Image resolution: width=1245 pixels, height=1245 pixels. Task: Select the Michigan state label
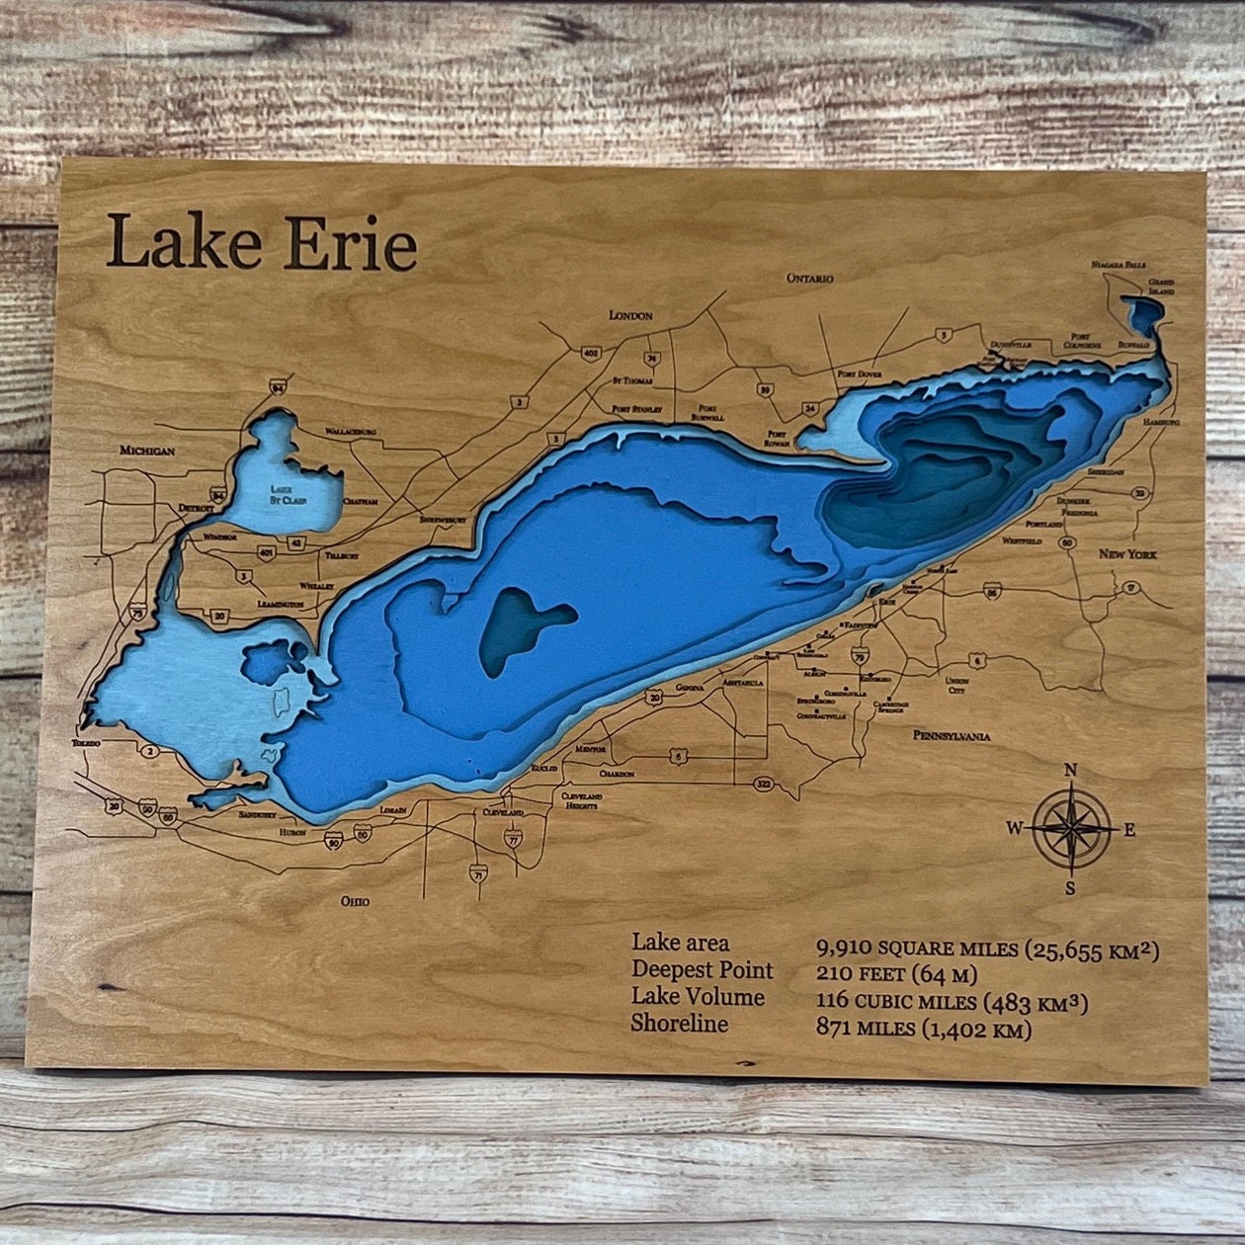147,451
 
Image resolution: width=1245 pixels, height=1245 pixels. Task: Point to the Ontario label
810,279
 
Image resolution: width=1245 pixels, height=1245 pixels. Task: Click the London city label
630,316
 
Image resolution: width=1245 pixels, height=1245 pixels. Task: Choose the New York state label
1127,554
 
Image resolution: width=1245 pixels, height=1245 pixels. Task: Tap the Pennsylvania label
951,736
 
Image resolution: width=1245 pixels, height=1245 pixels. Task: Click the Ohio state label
355,901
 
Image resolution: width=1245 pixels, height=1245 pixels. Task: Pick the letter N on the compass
1070,772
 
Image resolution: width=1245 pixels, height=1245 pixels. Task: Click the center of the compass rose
1072,829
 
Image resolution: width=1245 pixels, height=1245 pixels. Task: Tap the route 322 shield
763,784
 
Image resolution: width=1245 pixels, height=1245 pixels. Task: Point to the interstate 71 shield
478,874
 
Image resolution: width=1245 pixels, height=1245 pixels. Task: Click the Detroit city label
197,508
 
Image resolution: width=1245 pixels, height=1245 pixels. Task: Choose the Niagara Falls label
1119,266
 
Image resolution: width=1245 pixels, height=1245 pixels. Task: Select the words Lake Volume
698,997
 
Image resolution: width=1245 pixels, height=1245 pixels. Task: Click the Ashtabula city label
743,683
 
